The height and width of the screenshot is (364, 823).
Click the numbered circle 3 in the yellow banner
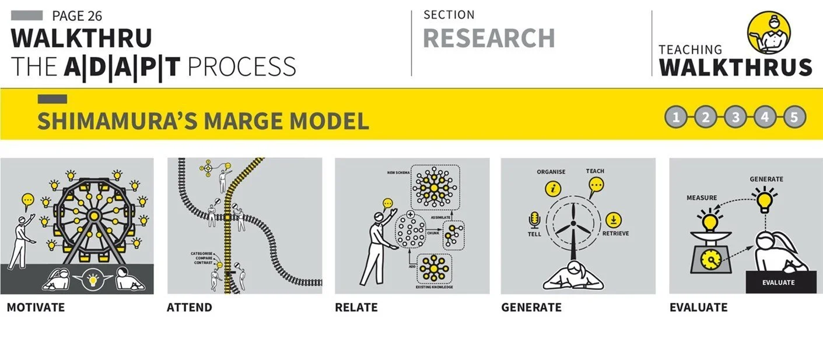pyautogui.click(x=735, y=117)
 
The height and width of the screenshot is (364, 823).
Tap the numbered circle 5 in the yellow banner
pyautogui.click(x=794, y=117)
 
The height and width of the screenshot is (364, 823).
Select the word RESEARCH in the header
pyautogui.click(x=489, y=38)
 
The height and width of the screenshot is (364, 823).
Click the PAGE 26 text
pyautogui.click(x=77, y=16)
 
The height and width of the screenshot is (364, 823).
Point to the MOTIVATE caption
pyautogui.click(x=36, y=307)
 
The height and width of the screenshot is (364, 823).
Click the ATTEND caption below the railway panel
pyautogui.click(x=189, y=307)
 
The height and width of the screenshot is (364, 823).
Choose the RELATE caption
pyautogui.click(x=356, y=307)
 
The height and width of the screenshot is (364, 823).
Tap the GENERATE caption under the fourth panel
pyautogui.click(x=531, y=307)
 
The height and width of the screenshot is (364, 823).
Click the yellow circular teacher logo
pyautogui.click(x=769, y=32)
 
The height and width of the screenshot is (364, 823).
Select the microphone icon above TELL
pyautogui.click(x=534, y=220)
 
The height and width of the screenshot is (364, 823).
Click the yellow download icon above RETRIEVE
pyautogui.click(x=613, y=220)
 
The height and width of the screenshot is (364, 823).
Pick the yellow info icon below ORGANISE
pyautogui.click(x=552, y=189)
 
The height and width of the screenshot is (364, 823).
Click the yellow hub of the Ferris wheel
pyautogui.click(x=94, y=215)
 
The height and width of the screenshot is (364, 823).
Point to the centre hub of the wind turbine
pyautogui.click(x=573, y=224)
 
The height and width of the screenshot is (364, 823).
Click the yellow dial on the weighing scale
pyautogui.click(x=710, y=260)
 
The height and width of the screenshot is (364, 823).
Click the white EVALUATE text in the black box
pyautogui.click(x=778, y=282)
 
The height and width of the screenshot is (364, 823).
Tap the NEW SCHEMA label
pyautogui.click(x=398, y=172)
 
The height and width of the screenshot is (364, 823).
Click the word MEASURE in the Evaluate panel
pyautogui.click(x=702, y=198)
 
